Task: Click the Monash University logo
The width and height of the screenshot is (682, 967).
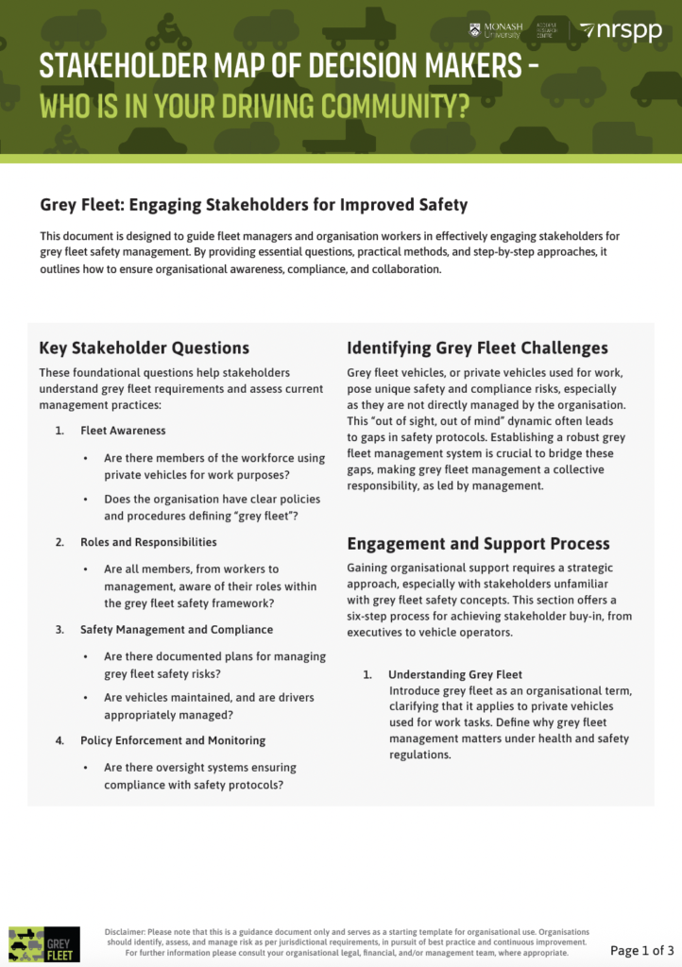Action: pyautogui.click(x=496, y=30)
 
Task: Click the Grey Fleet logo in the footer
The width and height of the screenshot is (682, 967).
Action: pyautogui.click(x=31, y=943)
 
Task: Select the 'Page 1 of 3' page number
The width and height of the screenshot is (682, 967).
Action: pyautogui.click(x=641, y=949)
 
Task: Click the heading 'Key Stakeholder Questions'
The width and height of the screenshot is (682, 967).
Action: pyautogui.click(x=145, y=348)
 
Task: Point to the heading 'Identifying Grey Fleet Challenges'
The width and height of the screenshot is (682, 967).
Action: pyautogui.click(x=477, y=348)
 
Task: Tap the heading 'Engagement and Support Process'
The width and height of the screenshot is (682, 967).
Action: pyautogui.click(x=478, y=544)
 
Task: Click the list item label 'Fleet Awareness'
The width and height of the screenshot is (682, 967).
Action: pyautogui.click(x=123, y=431)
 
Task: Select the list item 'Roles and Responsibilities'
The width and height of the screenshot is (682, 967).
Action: pyautogui.click(x=148, y=542)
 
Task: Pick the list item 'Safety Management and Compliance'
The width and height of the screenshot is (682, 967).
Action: pyautogui.click(x=177, y=629)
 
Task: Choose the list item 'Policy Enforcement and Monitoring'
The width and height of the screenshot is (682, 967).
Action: pyautogui.click(x=173, y=740)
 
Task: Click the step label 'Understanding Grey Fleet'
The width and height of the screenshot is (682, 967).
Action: pyautogui.click(x=455, y=674)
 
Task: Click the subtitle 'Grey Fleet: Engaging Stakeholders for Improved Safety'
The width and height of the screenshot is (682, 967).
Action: pyautogui.click(x=253, y=204)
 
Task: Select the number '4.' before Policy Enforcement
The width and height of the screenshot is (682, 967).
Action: pyautogui.click(x=60, y=740)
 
